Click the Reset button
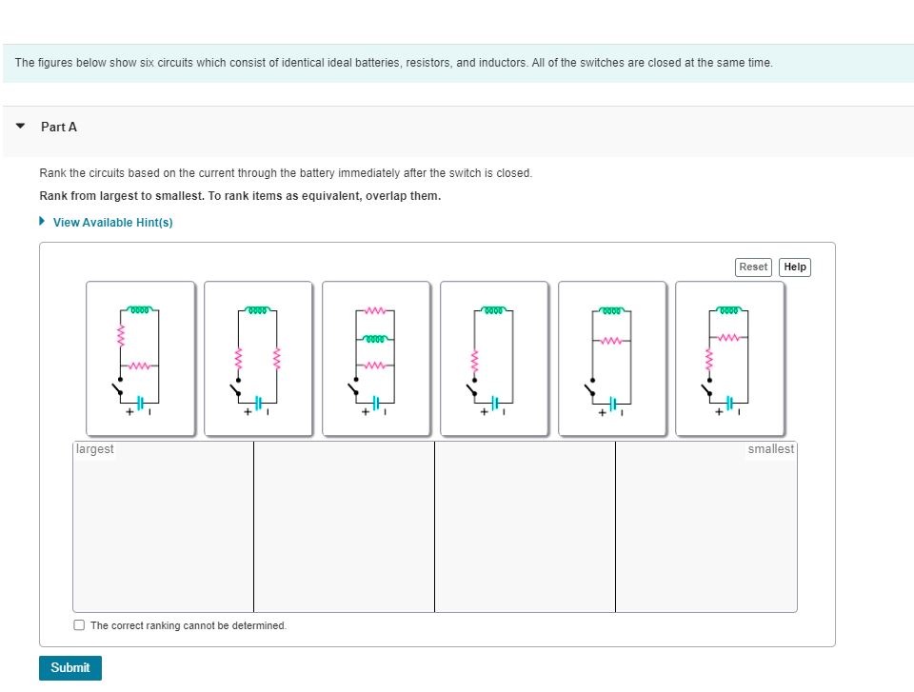pyautogui.click(x=753, y=267)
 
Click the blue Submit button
pyautogui.click(x=70, y=667)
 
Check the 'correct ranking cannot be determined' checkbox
pyautogui.click(x=79, y=625)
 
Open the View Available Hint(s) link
pyautogui.click(x=112, y=222)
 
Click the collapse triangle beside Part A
pyautogui.click(x=20, y=126)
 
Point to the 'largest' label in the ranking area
pyautogui.click(x=95, y=449)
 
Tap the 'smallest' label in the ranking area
pyautogui.click(x=770, y=449)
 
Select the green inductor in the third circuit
pyautogui.click(x=375, y=338)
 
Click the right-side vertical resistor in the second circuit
pyautogui.click(x=277, y=359)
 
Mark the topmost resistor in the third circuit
pyautogui.click(x=375, y=310)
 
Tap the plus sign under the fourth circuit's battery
pyautogui.click(x=484, y=412)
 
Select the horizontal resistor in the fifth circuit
pyautogui.click(x=611, y=341)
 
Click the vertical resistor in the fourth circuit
pyautogui.click(x=474, y=362)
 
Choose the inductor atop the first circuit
pyautogui.click(x=140, y=309)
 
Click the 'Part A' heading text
pyautogui.click(x=59, y=127)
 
